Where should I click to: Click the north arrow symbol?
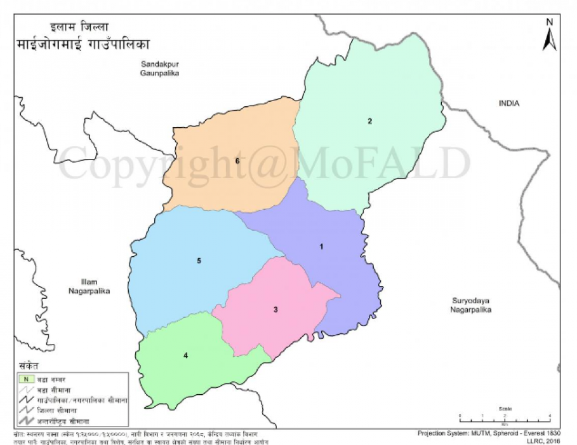tap(550, 36)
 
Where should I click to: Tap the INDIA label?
tap(508, 104)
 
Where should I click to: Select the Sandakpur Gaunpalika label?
tap(160, 69)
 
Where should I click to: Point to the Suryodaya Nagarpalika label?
tap(472, 305)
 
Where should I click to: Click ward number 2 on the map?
tap(369, 121)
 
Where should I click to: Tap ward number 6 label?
tap(237, 161)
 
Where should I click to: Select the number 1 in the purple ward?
tap(322, 246)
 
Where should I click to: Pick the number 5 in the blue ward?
tap(199, 261)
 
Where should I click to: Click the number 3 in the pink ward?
tap(275, 310)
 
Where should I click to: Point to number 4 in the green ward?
tap(185, 355)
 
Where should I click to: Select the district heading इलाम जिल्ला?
tap(79, 27)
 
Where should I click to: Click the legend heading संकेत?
tap(28, 367)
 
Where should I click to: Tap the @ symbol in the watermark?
tap(273, 164)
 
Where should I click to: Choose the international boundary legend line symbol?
tap(25, 421)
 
